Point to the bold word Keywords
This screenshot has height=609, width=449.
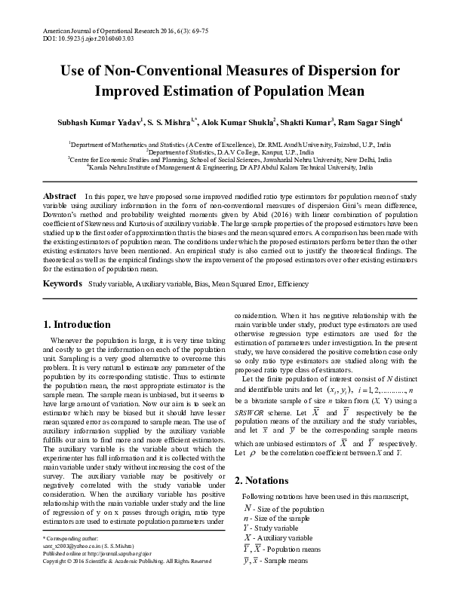click(62, 283)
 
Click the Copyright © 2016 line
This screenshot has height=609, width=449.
click(127, 561)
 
